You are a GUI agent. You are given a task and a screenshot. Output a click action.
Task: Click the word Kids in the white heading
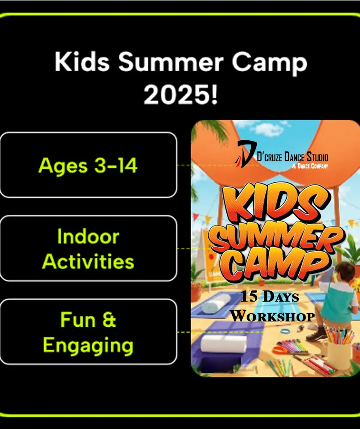tap(82, 61)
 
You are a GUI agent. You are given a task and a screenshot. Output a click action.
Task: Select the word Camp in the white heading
tap(270, 63)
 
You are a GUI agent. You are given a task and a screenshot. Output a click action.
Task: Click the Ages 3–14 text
tap(88, 165)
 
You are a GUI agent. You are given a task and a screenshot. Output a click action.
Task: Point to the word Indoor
tap(88, 236)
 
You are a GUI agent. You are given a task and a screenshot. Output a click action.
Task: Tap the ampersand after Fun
tap(109, 319)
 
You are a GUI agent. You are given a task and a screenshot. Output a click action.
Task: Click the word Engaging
tap(88, 346)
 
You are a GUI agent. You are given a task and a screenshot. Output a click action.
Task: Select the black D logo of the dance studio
tap(245, 154)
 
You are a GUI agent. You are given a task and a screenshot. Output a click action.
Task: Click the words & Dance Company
tap(310, 166)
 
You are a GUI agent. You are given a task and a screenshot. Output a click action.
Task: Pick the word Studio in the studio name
tap(318, 157)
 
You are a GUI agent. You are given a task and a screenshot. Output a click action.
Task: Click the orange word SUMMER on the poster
tap(276, 238)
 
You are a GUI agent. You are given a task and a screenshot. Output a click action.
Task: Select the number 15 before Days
tap(249, 296)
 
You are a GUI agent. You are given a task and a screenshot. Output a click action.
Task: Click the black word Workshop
tap(272, 316)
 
